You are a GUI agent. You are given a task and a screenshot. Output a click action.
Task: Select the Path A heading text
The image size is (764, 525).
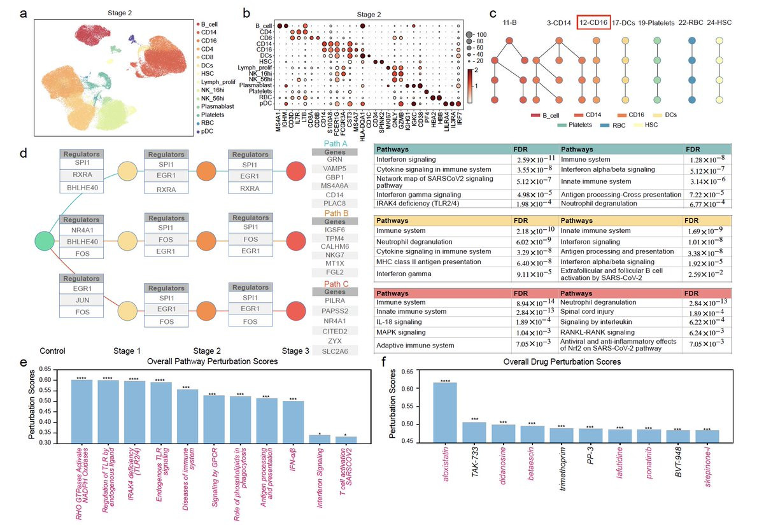click(333, 144)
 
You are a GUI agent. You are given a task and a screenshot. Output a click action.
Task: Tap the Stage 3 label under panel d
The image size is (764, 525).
click(296, 351)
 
